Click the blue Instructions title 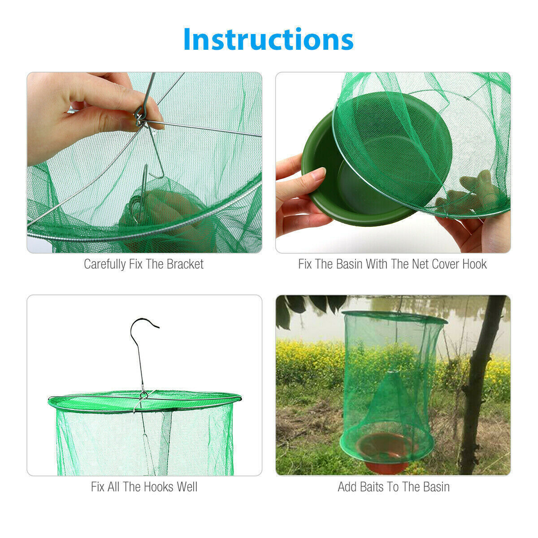[268, 39]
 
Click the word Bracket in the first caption [185, 264]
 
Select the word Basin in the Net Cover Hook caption [348, 264]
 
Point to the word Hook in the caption [474, 264]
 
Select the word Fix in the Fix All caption [98, 487]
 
